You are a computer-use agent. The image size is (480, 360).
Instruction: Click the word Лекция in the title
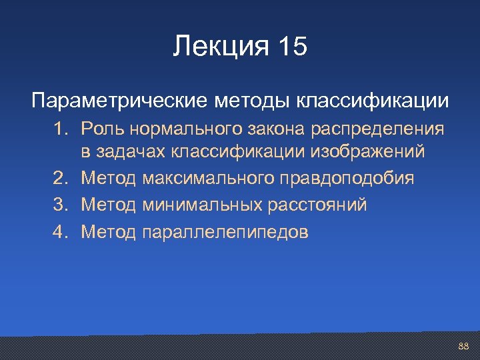coord(219,47)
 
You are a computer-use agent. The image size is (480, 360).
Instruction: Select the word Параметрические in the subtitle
coord(120,101)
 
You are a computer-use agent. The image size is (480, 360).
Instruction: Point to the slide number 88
coord(464,346)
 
